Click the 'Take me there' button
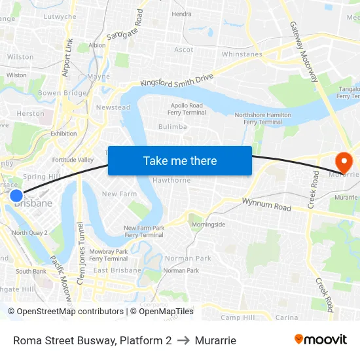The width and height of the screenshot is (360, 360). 180,160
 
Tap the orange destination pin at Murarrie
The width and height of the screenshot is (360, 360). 343,161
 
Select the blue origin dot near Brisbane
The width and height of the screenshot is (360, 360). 16,195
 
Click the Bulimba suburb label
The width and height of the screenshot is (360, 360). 173,127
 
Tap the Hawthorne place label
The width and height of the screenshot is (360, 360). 171,181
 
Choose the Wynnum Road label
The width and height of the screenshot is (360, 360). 266,205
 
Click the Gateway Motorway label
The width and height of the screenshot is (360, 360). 305,52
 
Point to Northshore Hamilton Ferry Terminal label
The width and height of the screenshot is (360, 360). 262,118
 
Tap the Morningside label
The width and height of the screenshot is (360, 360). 208,225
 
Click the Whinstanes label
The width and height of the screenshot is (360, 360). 242,54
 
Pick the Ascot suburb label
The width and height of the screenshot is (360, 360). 184,50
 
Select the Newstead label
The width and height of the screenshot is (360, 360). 113,107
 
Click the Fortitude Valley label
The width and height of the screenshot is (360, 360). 73,160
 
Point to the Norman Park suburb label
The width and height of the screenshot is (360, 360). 188,258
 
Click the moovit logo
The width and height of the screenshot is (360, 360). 321,340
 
